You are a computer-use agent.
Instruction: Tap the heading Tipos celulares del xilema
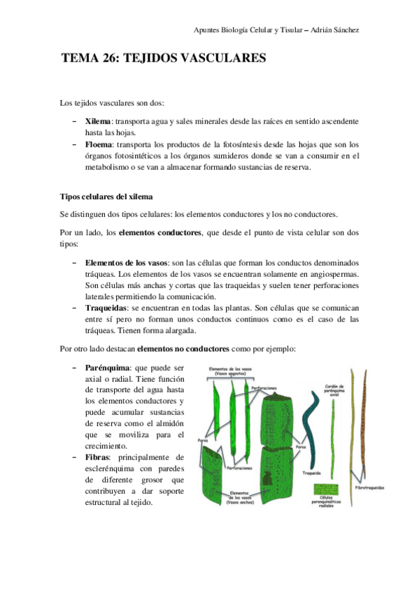click(x=106, y=197)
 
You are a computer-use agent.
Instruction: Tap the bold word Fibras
click(x=99, y=457)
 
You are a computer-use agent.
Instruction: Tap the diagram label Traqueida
click(x=311, y=473)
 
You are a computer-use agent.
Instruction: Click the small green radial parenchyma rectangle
click(x=328, y=489)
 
